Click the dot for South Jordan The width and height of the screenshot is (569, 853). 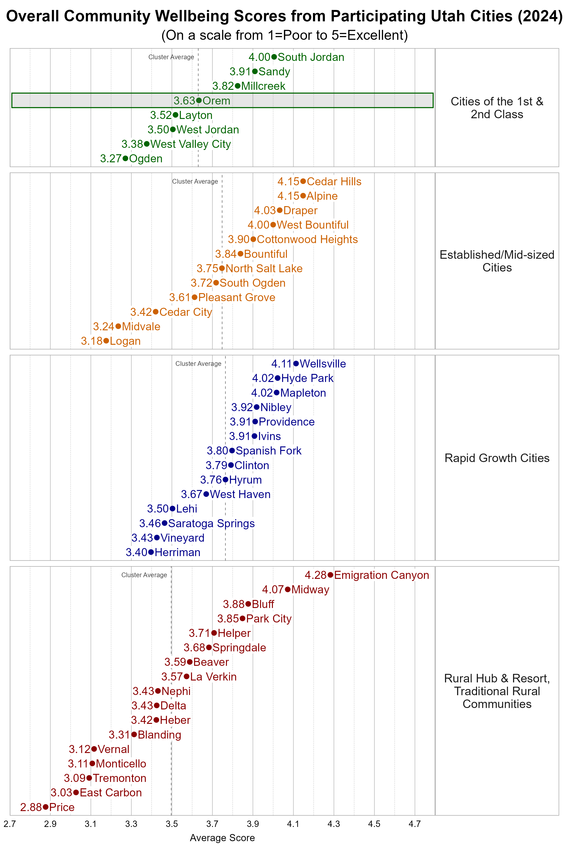point(274,57)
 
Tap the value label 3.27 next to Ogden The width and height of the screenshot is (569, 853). point(111,159)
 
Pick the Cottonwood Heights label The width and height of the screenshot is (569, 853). point(307,239)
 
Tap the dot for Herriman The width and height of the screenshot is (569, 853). point(151,552)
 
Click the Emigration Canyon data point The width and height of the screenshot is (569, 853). point(330,575)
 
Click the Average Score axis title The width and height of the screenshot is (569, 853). point(222,838)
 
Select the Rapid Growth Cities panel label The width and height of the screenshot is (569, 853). point(497,458)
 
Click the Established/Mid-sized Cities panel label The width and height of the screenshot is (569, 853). point(497,261)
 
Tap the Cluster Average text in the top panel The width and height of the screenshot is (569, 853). point(171,57)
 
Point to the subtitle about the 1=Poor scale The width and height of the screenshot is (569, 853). point(284,35)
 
